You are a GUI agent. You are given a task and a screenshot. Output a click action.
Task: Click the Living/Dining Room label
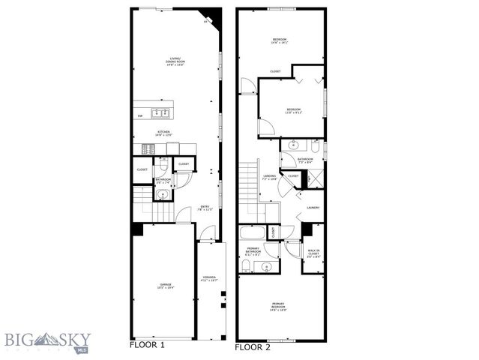[175, 63]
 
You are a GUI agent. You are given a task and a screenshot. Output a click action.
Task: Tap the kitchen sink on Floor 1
[159, 114]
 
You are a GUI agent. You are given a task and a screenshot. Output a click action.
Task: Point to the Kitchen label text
[163, 133]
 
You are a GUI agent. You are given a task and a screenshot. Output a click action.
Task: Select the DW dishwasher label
[140, 115]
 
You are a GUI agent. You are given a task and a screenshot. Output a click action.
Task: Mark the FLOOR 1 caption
[147, 346]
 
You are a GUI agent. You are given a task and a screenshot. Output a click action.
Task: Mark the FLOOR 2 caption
[253, 347]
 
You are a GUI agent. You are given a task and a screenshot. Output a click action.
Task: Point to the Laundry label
[313, 208]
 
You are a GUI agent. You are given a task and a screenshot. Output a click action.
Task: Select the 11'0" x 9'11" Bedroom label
[293, 112]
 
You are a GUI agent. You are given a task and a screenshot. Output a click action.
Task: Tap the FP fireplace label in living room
[205, 23]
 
